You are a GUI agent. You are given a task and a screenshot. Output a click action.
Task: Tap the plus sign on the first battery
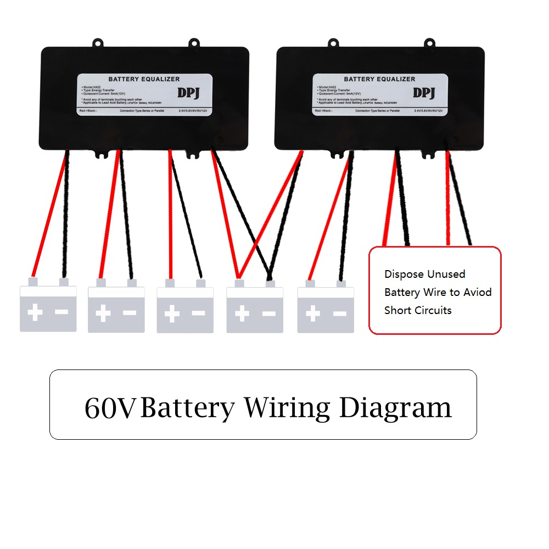pos(35,313)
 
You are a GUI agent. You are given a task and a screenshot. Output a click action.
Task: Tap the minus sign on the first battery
pos(61,312)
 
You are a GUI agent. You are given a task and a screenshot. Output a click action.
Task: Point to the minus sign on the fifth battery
pos(340,313)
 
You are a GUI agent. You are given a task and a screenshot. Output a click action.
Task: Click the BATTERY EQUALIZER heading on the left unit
pos(144,79)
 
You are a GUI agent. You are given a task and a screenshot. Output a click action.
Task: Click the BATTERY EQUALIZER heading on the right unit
pos(379,79)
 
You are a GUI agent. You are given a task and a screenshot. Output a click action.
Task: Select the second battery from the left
pos(116,309)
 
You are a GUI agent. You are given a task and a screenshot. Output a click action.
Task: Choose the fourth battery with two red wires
pos(255,309)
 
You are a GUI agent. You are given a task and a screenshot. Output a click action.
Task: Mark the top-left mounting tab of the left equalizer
pos(98,43)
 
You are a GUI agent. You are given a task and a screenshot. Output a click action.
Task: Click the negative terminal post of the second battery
pos(132,283)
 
